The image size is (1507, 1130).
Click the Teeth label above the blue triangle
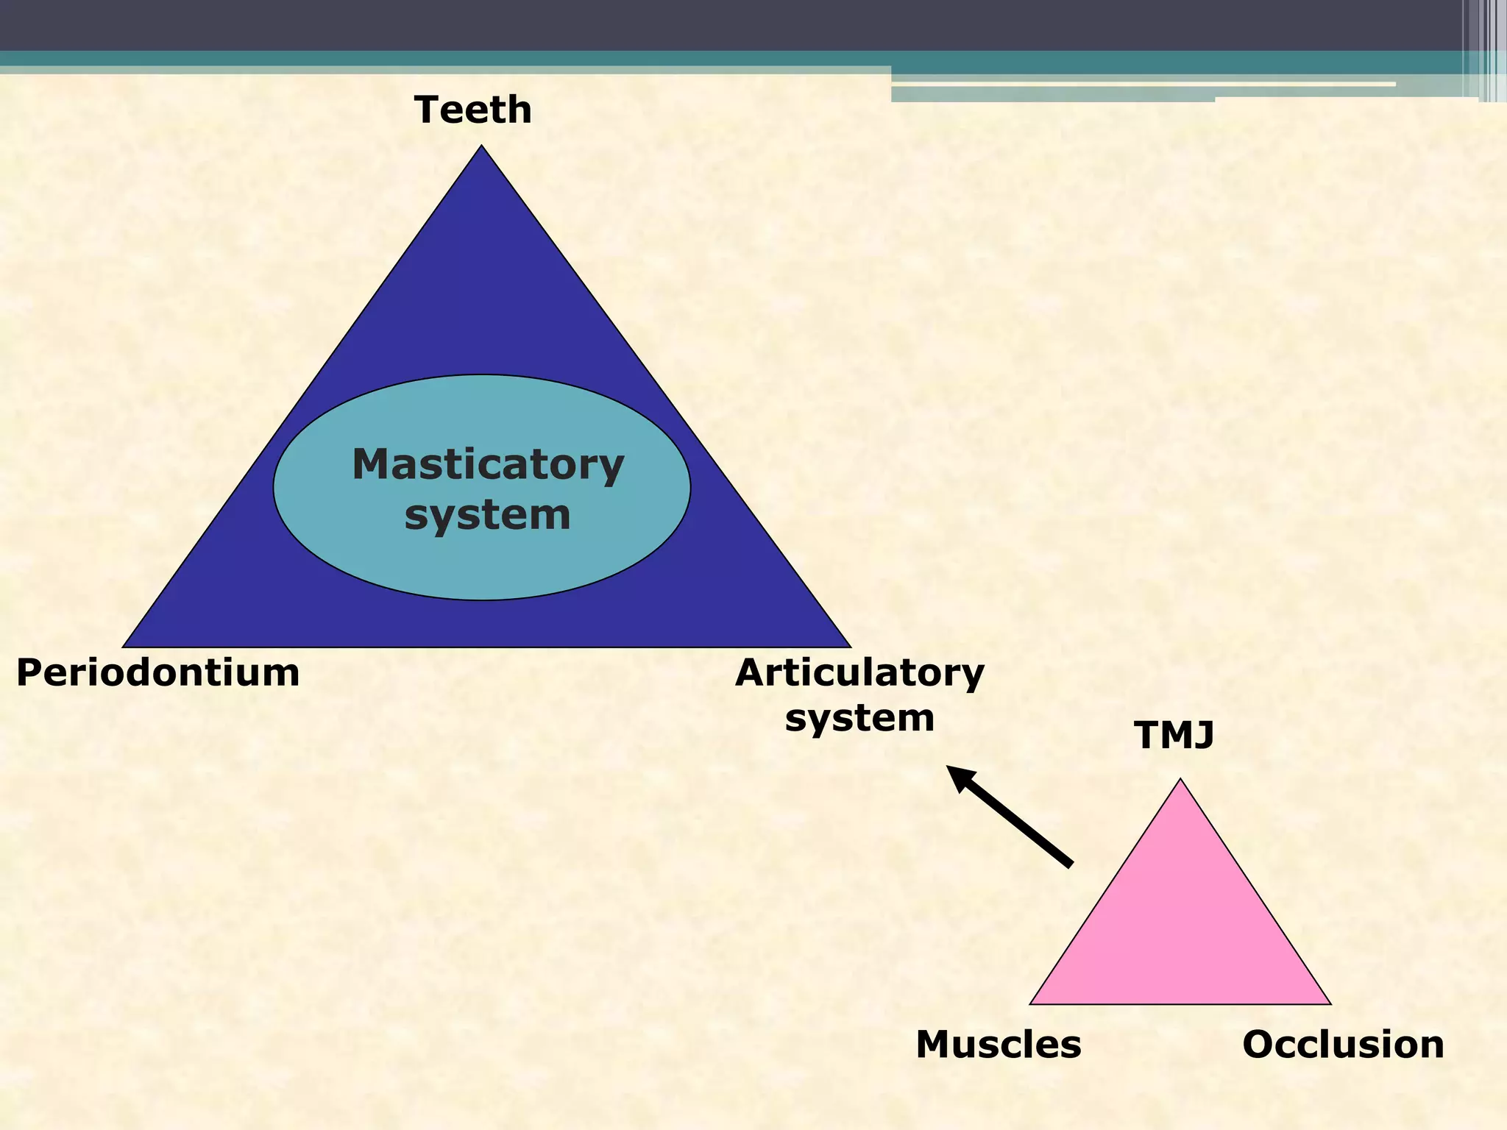473,110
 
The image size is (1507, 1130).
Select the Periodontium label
157,673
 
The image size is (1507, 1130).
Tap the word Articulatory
859,673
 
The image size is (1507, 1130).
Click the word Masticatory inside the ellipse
488,465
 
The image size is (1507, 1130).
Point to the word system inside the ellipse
487,514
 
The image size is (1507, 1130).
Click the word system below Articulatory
859,717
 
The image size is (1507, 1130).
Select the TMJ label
1174,735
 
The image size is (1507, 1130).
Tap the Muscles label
999,1045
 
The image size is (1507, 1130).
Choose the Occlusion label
1343,1045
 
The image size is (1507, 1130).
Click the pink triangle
1180,927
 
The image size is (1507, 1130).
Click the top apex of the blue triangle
482,147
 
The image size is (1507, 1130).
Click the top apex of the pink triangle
1180,781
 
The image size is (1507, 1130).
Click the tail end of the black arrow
1070,865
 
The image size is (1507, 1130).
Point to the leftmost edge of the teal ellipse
274,487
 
